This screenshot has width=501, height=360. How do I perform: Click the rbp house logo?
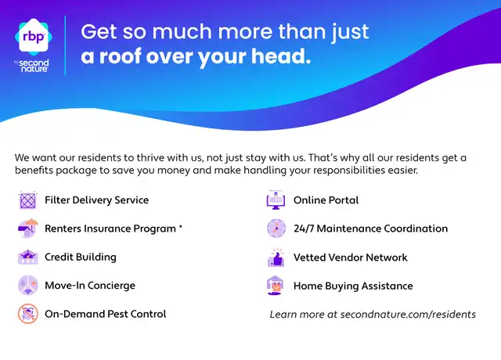[x=34, y=37]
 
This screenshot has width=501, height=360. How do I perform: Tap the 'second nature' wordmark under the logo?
[x=34, y=66]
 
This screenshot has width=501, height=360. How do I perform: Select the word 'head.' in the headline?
[x=281, y=56]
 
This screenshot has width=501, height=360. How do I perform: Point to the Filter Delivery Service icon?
[x=28, y=200]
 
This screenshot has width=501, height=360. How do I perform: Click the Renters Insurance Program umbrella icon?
[x=28, y=228]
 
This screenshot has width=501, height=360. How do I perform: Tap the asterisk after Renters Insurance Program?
[x=181, y=226]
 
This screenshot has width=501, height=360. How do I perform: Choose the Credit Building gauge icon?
[x=28, y=257]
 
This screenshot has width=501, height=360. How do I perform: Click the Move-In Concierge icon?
[x=28, y=285]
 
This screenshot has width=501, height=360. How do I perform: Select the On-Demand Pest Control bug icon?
[x=28, y=314]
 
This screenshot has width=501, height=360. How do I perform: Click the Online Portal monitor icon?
[x=276, y=200]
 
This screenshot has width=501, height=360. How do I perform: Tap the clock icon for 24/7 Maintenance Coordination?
[x=276, y=229]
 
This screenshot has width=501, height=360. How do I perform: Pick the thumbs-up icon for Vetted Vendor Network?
[x=276, y=257]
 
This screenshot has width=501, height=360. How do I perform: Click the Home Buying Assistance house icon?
[x=275, y=286]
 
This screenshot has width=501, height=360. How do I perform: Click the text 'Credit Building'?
[x=81, y=257]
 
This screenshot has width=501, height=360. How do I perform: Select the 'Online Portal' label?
[x=326, y=200]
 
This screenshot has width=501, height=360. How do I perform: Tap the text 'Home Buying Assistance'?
[x=353, y=286]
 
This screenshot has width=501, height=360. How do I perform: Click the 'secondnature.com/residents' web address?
[x=408, y=315]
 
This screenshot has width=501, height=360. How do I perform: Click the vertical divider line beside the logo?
[x=65, y=45]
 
